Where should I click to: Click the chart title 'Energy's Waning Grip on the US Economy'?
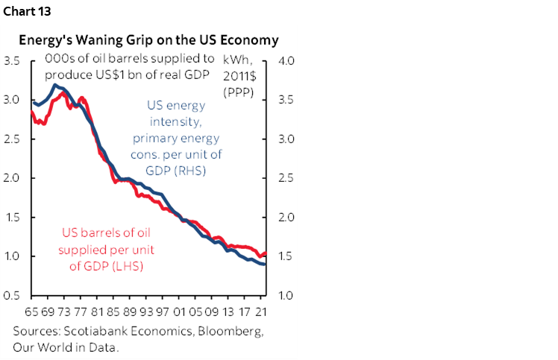pos(148,40)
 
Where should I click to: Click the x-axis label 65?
pos(31,310)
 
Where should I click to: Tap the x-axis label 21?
pos(261,310)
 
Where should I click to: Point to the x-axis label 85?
pos(113,310)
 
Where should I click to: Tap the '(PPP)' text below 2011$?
pos(238,92)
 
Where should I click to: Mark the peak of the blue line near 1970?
pos(54,85)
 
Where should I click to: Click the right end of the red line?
pos(266,254)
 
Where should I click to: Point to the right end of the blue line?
pos(266,265)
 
